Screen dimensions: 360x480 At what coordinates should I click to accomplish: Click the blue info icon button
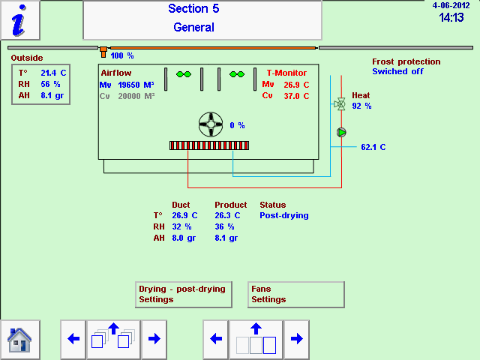pyautogui.click(x=20, y=20)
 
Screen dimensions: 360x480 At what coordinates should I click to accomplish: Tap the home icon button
pyautogui.click(x=19, y=340)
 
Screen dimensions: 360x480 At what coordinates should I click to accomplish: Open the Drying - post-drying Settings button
pyautogui.click(x=184, y=294)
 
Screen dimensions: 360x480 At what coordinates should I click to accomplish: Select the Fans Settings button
pyautogui.click(x=295, y=294)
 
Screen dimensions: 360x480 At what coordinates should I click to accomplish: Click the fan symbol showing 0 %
pyautogui.click(x=211, y=125)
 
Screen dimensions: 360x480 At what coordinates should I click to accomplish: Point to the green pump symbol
pyautogui.click(x=341, y=133)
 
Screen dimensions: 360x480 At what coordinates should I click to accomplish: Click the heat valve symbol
pyautogui.click(x=340, y=104)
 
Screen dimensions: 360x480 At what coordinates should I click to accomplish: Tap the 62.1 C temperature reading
pyautogui.click(x=373, y=147)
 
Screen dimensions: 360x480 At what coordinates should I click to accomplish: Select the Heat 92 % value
pyautogui.click(x=361, y=106)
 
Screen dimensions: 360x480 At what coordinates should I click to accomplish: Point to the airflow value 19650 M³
pyautogui.click(x=136, y=85)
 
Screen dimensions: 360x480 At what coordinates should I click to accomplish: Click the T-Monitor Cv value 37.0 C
pyautogui.click(x=296, y=96)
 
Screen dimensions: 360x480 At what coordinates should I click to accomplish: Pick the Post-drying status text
pyautogui.click(x=283, y=215)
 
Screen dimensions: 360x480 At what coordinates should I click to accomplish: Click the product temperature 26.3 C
pyautogui.click(x=227, y=215)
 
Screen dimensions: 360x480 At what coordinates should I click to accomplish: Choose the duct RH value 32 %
pyautogui.click(x=181, y=226)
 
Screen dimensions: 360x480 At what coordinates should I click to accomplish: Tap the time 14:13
pyautogui.click(x=451, y=17)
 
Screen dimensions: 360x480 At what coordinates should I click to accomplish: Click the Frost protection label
pyautogui.click(x=406, y=61)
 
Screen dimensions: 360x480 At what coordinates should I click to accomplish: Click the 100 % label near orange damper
pyautogui.click(x=122, y=55)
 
